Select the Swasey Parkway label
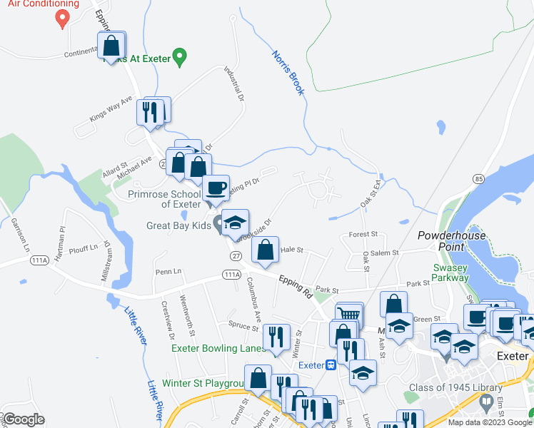point(450,272)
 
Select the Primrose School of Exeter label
point(164,198)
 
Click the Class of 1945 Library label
point(442,389)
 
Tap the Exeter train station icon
point(331,365)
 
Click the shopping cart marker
point(349,315)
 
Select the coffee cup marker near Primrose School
point(215,188)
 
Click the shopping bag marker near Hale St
point(264,250)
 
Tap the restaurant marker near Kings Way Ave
point(149,111)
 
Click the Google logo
point(24,419)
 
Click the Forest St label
point(363,234)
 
